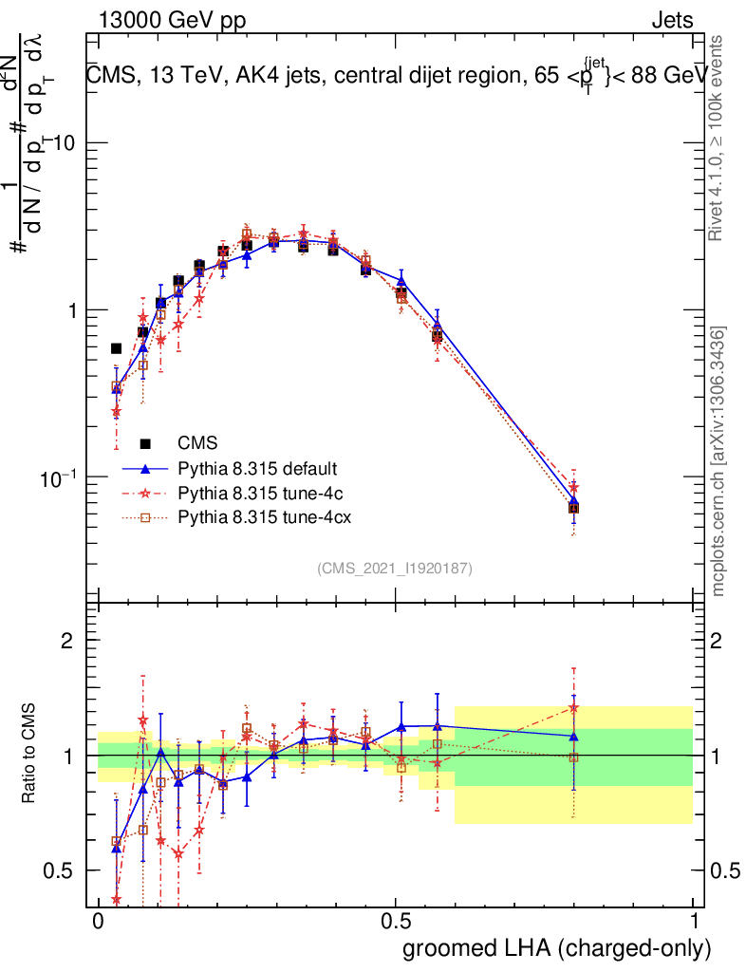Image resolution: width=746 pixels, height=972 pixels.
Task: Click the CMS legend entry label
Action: (x=197, y=443)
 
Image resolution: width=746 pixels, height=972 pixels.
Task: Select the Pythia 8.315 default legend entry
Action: (x=257, y=469)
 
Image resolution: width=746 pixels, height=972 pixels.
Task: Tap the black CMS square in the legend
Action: (x=145, y=443)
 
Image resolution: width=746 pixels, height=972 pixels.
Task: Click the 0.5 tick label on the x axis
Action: (x=396, y=922)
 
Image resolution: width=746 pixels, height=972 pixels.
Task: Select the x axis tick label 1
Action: (x=693, y=922)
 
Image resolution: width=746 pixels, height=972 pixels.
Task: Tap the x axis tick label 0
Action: (x=99, y=922)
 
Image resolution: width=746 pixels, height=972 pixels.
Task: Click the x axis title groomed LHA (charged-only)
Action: (x=558, y=947)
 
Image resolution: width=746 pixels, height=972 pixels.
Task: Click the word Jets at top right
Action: (x=671, y=20)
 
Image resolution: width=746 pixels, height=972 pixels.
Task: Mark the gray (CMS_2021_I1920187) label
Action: (x=395, y=568)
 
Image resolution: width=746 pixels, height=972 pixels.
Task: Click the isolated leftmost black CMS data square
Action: (x=117, y=348)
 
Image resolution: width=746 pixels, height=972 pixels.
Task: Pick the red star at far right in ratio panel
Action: (x=573, y=707)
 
